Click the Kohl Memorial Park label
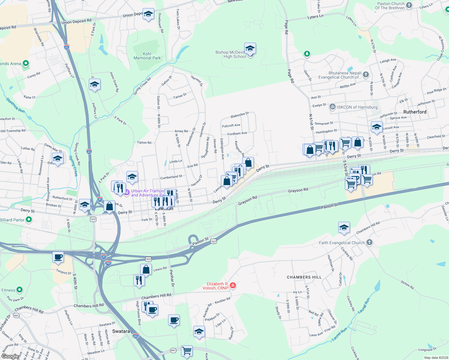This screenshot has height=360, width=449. [x=147, y=56]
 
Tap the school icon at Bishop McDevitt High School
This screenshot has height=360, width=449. [x=250, y=49]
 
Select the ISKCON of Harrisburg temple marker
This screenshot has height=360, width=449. [x=332, y=107]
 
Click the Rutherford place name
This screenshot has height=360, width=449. [x=415, y=112]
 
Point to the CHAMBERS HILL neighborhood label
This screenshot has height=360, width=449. [x=304, y=277]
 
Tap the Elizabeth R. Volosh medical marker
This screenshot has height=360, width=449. [x=233, y=285]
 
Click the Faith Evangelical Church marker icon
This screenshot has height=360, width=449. [x=369, y=242]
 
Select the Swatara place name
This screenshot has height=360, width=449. [x=121, y=331]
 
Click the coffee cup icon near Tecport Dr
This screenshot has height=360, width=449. [x=58, y=257]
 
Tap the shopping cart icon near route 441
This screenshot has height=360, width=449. [x=187, y=350]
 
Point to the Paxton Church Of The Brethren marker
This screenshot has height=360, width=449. [x=409, y=5]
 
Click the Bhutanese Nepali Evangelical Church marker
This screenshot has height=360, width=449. [x=366, y=74]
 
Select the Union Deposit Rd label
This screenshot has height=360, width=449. [x=76, y=21]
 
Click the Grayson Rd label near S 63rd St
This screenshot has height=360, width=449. [x=298, y=190]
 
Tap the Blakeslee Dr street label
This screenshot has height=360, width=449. [x=240, y=115]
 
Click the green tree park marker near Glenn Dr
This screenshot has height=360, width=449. [x=307, y=54]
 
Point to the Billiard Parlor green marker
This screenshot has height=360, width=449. [x=29, y=220]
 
